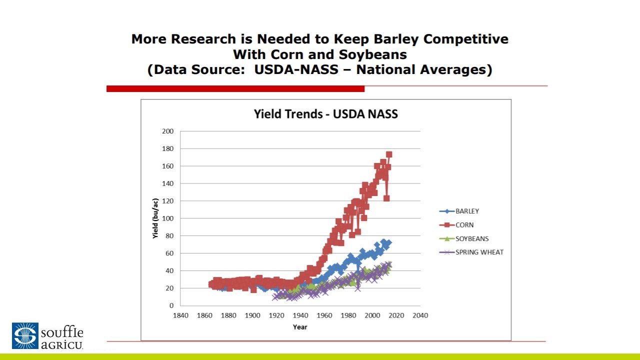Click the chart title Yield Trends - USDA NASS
tap(325, 114)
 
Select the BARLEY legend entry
tap(467, 211)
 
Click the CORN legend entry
tap(464, 225)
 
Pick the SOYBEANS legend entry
tap(472, 239)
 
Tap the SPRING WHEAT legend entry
tap(479, 252)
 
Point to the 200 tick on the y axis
tap(168, 131)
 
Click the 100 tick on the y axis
tap(168, 218)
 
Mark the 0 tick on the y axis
tap(171, 305)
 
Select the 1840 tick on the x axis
tap(180, 315)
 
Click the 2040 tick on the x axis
tap(420, 315)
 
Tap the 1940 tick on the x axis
tap(300, 315)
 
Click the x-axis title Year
tap(300, 327)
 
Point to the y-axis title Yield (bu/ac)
tap(156, 218)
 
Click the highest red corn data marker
tap(388, 154)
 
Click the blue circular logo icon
tap(25, 335)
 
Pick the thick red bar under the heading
tap(235, 88)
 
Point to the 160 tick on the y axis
tap(168, 166)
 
